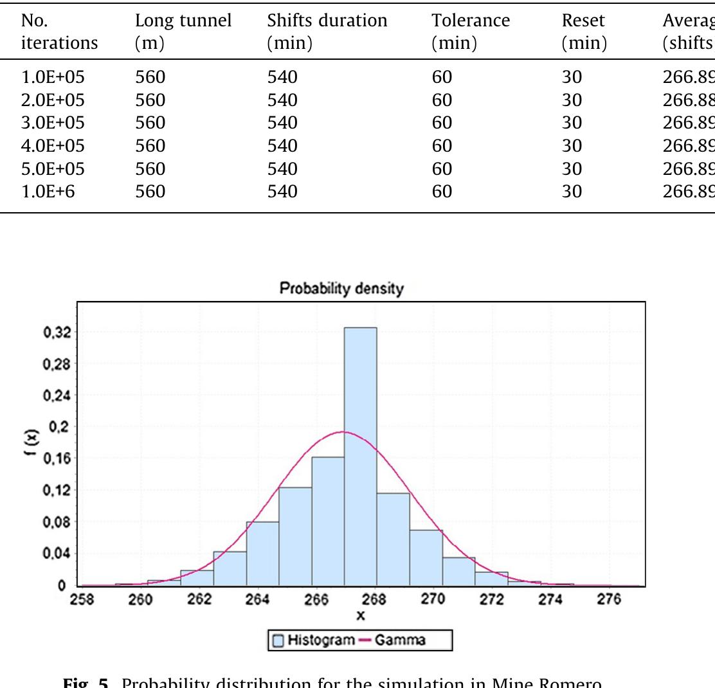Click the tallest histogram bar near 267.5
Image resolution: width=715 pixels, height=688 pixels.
coord(360,450)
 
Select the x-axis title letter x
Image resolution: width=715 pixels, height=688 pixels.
coord(361,615)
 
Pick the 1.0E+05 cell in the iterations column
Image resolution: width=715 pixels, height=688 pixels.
coord(53,77)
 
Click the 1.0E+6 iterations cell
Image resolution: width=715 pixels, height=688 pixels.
coord(48,191)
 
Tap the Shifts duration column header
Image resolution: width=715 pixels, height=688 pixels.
coord(327,31)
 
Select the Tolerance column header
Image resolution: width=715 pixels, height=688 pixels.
coord(471,31)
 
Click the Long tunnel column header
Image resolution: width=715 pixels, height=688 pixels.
coord(183,31)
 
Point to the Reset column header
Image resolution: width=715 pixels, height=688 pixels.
coord(583,31)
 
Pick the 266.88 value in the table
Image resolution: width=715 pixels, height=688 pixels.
coord(688,100)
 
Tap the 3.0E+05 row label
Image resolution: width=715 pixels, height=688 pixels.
coord(53,123)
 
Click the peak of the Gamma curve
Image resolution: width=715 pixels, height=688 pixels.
coord(344,431)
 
